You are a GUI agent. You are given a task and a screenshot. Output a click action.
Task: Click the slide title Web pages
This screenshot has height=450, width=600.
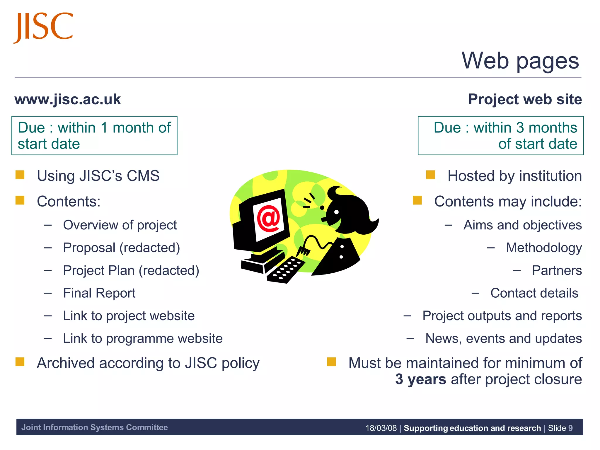coord(520,61)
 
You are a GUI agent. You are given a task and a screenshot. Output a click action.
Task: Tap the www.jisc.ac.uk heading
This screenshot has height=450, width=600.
coord(68,99)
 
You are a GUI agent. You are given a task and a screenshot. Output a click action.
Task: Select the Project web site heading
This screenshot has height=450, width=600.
coord(525,99)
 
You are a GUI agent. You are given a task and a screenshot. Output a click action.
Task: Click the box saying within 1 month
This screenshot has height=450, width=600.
coord(94,135)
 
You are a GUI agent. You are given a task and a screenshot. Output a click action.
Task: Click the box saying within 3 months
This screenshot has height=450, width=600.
coord(500,135)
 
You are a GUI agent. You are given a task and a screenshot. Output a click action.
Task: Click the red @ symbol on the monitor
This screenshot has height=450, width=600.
coord(268,218)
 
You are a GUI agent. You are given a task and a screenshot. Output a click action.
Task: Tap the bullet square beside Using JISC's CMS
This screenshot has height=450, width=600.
coord(20,175)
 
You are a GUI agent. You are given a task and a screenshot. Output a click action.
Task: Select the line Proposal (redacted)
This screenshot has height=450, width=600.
coord(121,248)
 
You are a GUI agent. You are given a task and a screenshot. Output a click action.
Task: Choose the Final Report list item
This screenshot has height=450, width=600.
coord(99,293)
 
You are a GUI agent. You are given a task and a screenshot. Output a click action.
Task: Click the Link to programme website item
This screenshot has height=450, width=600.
coord(143,338)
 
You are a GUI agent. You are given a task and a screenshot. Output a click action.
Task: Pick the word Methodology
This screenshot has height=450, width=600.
coord(544,248)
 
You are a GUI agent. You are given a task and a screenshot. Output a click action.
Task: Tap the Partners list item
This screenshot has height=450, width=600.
coord(557,270)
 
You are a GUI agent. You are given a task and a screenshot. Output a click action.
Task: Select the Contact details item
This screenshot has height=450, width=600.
coord(534,293)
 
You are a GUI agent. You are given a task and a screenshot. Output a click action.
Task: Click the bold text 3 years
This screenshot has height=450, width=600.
coord(420,379)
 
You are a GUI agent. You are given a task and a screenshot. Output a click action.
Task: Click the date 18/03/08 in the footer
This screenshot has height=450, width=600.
coord(381,428)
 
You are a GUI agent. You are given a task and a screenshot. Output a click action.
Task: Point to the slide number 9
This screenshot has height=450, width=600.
coord(570,428)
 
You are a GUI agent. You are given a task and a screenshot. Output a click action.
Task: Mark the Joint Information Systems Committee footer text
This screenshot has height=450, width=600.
coord(94,427)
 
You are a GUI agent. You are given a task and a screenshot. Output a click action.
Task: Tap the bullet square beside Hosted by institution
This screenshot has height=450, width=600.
coord(430,175)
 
